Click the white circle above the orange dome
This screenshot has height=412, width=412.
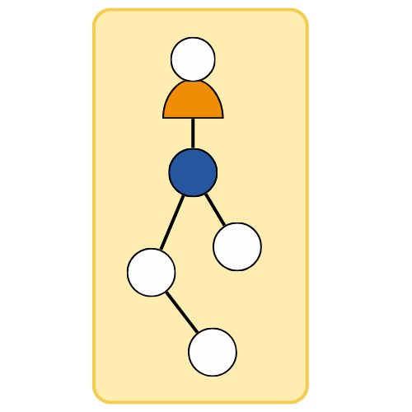coord(193,59)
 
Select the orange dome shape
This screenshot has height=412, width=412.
coord(193,102)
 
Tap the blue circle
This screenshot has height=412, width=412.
coord(193,172)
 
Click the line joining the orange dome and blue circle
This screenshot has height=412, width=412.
coord(193,133)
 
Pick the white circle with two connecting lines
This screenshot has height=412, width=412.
coord(152,272)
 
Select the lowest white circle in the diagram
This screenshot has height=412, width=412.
coord(213,352)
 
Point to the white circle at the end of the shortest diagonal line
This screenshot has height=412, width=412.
coord(237,246)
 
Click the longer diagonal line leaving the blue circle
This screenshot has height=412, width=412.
coord(171,222)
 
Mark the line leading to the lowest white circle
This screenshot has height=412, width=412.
coord(182,311)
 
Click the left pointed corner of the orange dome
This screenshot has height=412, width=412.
coord(165,116)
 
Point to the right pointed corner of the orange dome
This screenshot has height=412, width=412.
coord(221,116)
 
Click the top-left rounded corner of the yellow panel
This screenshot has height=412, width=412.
coord(100,16)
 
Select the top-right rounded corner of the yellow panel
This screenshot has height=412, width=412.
coord(302,16)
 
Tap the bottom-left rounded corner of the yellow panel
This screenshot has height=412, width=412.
coord(100,396)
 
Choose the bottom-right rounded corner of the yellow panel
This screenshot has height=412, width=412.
coord(302,396)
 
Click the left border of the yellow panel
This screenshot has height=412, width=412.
coord(94,206)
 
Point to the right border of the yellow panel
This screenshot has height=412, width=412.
coord(307,206)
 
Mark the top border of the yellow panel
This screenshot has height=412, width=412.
coord(200,10)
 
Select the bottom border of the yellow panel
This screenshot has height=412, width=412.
coord(200,402)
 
